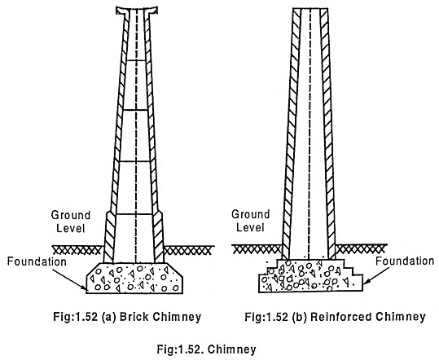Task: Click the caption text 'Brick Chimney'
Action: (x=160, y=317)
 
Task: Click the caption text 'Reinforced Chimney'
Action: (x=368, y=317)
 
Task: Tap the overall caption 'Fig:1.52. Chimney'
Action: (x=206, y=349)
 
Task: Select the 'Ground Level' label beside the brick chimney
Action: (x=71, y=222)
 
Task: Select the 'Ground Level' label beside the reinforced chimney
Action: (x=251, y=221)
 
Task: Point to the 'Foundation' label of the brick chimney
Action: (x=37, y=261)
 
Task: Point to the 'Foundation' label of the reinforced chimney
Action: (x=405, y=261)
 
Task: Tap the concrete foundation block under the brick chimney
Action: (x=134, y=278)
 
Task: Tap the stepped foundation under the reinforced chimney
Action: (x=310, y=276)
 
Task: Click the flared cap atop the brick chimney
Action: (x=137, y=11)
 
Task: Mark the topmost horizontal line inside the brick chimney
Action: (x=136, y=60)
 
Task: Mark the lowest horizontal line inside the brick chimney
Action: (x=134, y=214)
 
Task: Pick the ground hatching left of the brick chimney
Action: (x=77, y=250)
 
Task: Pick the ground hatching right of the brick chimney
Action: (x=189, y=250)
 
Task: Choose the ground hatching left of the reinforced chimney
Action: (x=257, y=249)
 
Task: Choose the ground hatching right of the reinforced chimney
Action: (x=362, y=249)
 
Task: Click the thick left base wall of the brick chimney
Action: (x=109, y=237)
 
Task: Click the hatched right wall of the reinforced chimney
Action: (x=328, y=134)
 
